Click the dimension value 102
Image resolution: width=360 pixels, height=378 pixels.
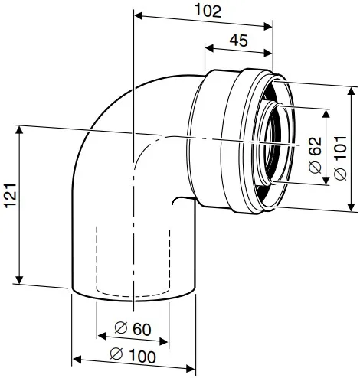click(x=208, y=11)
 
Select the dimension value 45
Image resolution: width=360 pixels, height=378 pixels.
click(x=239, y=42)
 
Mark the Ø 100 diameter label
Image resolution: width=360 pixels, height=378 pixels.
click(x=131, y=355)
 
